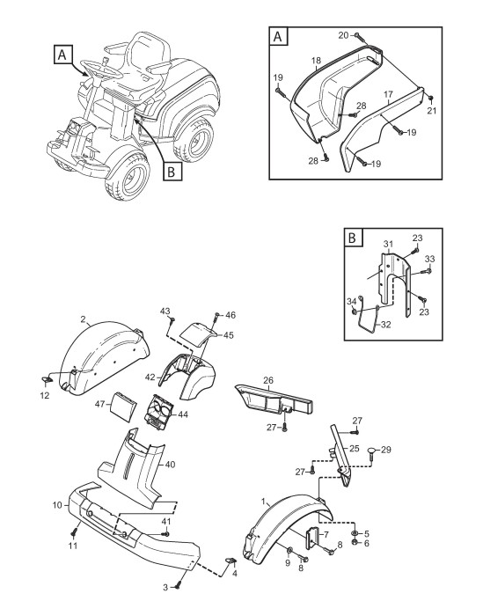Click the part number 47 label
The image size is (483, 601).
100,404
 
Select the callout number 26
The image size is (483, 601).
268,380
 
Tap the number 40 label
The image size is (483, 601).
170,465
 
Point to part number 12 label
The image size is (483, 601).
45,395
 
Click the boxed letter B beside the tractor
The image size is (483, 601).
172,172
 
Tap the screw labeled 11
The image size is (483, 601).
75,532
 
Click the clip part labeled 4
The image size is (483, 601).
230,561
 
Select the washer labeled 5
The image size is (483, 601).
355,533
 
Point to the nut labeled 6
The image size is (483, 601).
355,542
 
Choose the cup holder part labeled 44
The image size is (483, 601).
159,413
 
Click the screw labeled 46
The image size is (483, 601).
217,316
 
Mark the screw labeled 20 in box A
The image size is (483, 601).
356,35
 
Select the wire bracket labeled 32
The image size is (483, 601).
369,321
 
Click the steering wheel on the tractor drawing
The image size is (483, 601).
100,69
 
